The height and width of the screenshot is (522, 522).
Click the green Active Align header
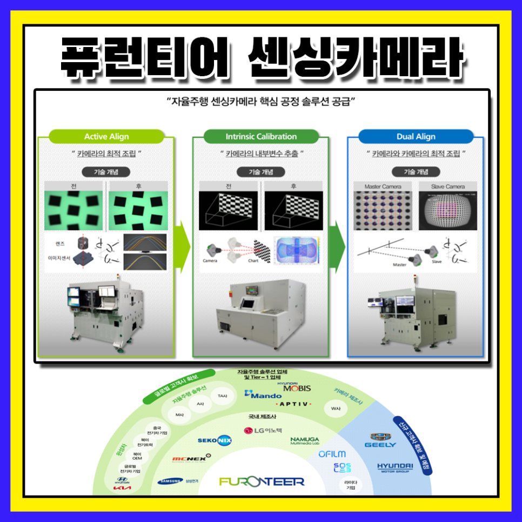point(106,137)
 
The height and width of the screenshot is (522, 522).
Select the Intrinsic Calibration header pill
point(261,137)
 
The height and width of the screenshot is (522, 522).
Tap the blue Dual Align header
point(416,137)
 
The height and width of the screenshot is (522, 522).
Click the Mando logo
point(263,395)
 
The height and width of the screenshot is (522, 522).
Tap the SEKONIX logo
point(215,440)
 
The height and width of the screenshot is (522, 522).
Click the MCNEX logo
point(189,459)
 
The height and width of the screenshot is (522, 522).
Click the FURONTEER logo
point(262,481)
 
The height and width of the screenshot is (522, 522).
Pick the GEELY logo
point(380,440)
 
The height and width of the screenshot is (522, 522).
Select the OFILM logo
point(332,454)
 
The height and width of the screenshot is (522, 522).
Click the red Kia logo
point(122,488)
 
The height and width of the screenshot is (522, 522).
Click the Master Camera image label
point(383,187)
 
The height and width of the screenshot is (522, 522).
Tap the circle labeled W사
point(336,409)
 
